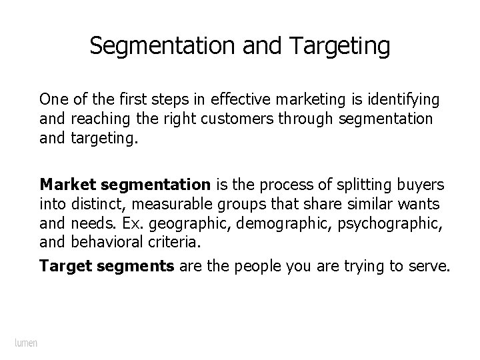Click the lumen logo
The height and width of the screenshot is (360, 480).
pyautogui.click(x=26, y=343)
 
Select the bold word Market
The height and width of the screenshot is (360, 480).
pyautogui.click(x=63, y=183)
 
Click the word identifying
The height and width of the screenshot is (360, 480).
pyautogui.click(x=403, y=100)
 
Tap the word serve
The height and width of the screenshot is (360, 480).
pyautogui.click(x=432, y=267)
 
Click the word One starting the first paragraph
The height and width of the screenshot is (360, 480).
pyautogui.click(x=51, y=100)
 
